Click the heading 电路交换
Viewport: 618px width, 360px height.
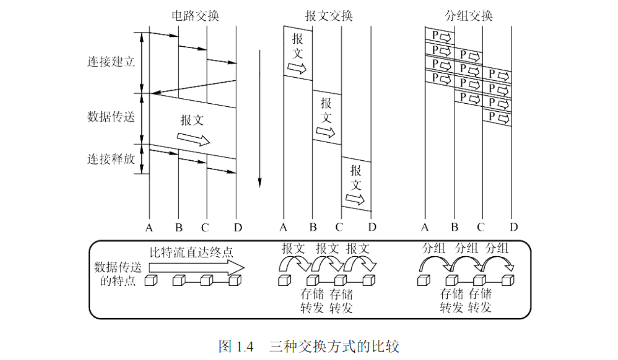195,16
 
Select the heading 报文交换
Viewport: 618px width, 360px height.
329,16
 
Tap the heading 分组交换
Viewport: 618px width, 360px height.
468,16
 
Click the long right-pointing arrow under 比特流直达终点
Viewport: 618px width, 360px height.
197,267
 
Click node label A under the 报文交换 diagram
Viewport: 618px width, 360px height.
283,227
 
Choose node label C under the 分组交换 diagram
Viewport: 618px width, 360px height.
481,227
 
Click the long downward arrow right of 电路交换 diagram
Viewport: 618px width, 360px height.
259,118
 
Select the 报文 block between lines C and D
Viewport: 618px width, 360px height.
356,184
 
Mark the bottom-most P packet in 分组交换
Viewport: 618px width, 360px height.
497,118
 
